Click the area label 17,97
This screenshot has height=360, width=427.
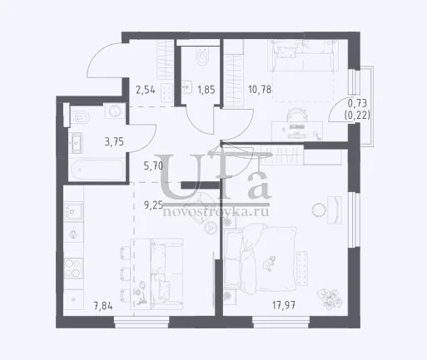point(284,306)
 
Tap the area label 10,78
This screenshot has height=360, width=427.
point(260,90)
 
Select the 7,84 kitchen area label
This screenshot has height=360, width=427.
point(103,306)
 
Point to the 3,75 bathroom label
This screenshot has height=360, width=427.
point(114,142)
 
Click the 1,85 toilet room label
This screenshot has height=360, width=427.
point(206,90)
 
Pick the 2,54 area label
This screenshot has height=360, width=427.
point(146,90)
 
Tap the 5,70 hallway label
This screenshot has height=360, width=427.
point(153,166)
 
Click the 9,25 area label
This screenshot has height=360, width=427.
point(153,205)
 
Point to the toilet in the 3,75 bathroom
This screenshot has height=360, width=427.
point(80,118)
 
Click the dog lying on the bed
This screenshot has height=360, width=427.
point(269,263)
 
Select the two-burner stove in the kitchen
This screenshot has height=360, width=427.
point(73,269)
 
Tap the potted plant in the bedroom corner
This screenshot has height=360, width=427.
point(330,299)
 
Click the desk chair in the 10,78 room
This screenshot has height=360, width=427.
point(296,115)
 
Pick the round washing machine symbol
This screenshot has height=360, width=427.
point(114,111)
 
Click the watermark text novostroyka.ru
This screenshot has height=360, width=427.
point(216,211)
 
